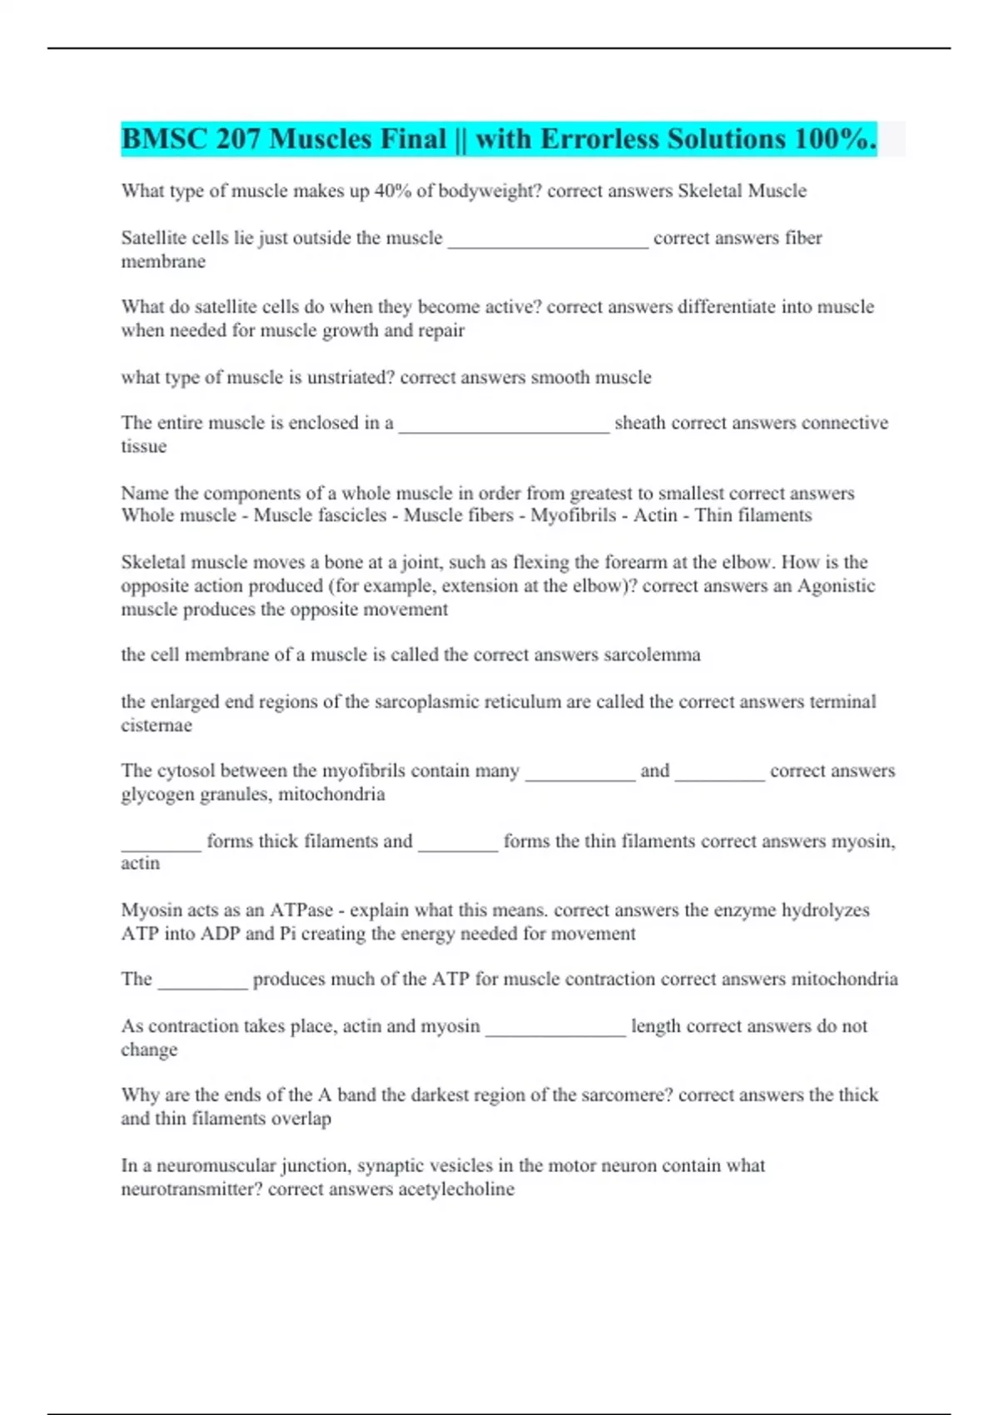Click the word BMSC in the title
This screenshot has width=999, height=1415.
coord(164,139)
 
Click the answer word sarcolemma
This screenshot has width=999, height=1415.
coord(652,655)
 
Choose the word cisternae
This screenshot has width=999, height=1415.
coord(157,726)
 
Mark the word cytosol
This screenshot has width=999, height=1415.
coord(187,772)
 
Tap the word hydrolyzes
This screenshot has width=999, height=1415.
coord(825,911)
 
